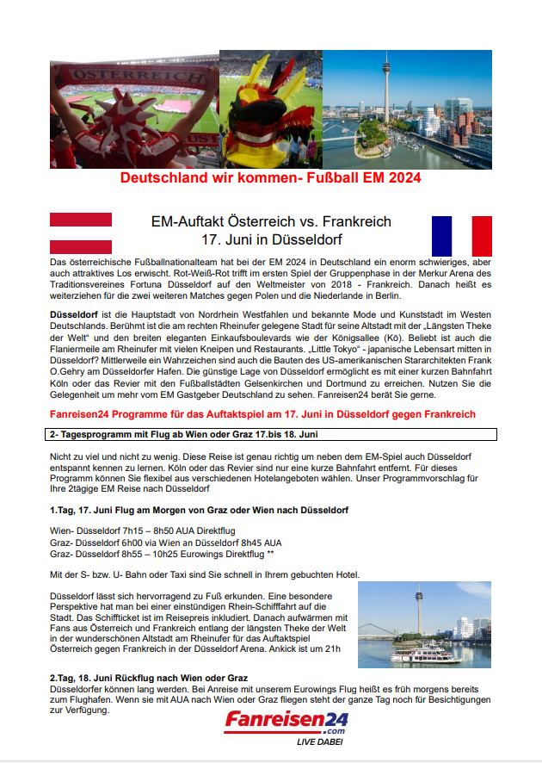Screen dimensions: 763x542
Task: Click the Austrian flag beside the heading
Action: (80, 233)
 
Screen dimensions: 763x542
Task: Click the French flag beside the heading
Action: (461, 236)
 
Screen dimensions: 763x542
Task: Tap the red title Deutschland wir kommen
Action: (271, 179)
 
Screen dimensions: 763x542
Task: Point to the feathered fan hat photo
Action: (270, 108)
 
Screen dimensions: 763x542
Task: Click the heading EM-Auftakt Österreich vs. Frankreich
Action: (271, 222)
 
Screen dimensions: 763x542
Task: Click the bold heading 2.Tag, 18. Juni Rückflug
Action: (149, 678)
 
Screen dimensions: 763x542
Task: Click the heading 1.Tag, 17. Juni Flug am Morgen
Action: (199, 511)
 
